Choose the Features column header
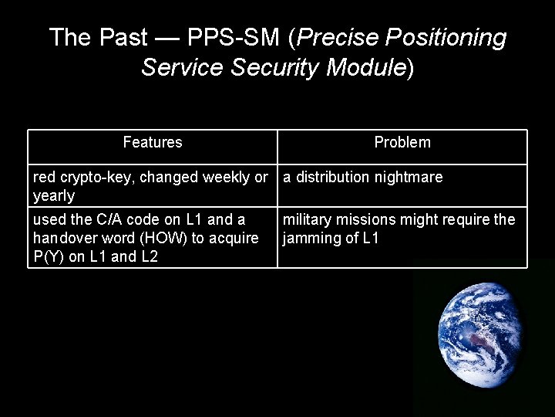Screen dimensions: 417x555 (153, 142)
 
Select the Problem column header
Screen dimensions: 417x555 (402, 142)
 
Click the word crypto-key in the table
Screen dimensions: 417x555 (91, 178)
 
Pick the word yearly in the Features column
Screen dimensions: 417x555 (53, 196)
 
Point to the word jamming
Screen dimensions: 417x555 (311, 239)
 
